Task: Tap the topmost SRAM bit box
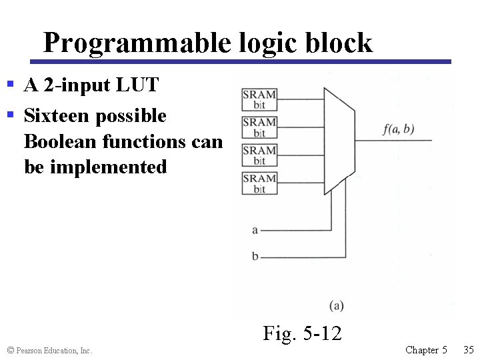tap(259, 99)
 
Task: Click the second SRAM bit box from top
tap(259, 127)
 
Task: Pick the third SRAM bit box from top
tap(259, 155)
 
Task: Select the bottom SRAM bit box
tap(259, 183)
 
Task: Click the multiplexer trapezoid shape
tap(339, 141)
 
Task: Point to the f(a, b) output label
tap(399, 129)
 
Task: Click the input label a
tap(255, 230)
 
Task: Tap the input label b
tap(255, 256)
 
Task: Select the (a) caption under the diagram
tap(337, 305)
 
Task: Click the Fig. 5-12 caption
tap(302, 333)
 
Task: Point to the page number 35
tap(468, 349)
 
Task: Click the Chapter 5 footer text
tap(426, 349)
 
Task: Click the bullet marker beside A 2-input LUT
tap(10, 85)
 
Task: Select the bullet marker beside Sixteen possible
tap(10, 115)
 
